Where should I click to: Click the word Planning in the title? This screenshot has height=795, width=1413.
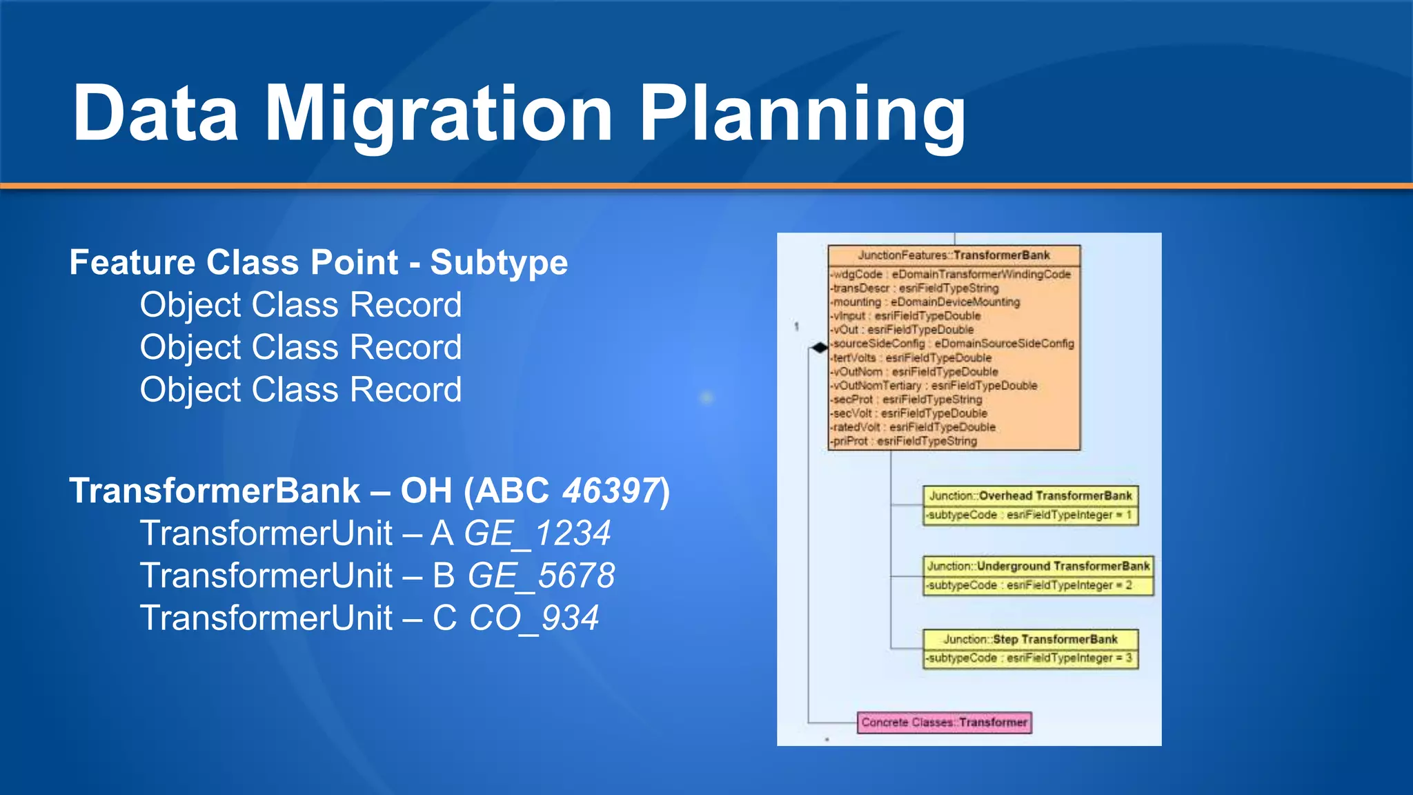pyautogui.click(x=802, y=114)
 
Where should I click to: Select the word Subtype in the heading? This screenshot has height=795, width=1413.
pyautogui.click(x=499, y=262)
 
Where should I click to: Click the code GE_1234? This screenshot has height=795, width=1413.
pyautogui.click(x=537, y=533)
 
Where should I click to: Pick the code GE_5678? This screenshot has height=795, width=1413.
pyautogui.click(x=541, y=576)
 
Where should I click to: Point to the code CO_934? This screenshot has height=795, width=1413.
pyautogui.click(x=534, y=618)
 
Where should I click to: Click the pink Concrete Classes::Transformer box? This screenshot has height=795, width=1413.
pyautogui.click(x=944, y=723)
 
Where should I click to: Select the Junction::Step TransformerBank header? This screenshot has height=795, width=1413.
pyautogui.click(x=1030, y=639)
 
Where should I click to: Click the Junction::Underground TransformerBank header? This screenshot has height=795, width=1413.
pyautogui.click(x=1038, y=566)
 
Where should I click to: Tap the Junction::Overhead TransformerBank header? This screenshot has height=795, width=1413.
pyautogui.click(x=1030, y=495)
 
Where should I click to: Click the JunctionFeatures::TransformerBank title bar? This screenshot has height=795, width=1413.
pyautogui.click(x=953, y=255)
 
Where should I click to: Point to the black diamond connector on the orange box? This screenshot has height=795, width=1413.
pyautogui.click(x=820, y=348)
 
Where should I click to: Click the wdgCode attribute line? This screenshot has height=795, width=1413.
pyautogui.click(x=951, y=275)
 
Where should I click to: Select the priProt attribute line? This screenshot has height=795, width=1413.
pyautogui.click(x=905, y=441)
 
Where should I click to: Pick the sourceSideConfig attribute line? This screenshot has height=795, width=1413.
pyautogui.click(x=953, y=344)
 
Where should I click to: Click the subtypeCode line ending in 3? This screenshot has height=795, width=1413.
pyautogui.click(x=1029, y=658)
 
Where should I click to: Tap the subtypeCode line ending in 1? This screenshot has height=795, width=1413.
pyautogui.click(x=1029, y=515)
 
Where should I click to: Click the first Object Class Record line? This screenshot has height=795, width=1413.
pyautogui.click(x=301, y=305)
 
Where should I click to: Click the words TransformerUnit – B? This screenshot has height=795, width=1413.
pyautogui.click(x=297, y=576)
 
